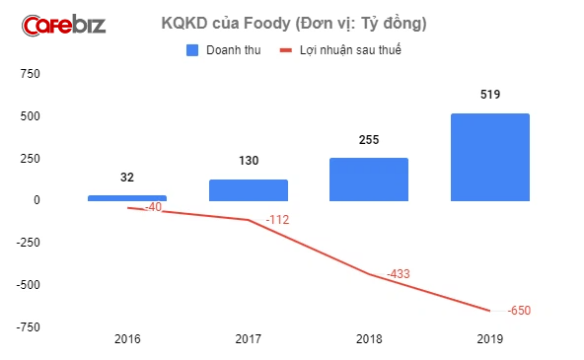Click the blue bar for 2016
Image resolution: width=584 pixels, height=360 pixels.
click(126, 197)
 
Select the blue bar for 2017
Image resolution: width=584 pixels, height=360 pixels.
click(248, 190)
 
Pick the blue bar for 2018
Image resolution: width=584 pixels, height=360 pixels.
click(368, 180)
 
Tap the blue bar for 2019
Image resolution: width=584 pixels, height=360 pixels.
click(489, 157)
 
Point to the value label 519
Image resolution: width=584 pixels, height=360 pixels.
click(490, 96)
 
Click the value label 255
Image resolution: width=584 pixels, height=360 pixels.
click(369, 140)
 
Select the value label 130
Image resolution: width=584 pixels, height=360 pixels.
click(248, 161)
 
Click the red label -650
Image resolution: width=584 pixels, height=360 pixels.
click(519, 311)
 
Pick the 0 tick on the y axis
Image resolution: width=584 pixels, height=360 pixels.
click(36, 200)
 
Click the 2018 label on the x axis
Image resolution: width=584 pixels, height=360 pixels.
click(369, 338)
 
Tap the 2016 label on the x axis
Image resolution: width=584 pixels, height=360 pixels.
click(127, 338)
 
